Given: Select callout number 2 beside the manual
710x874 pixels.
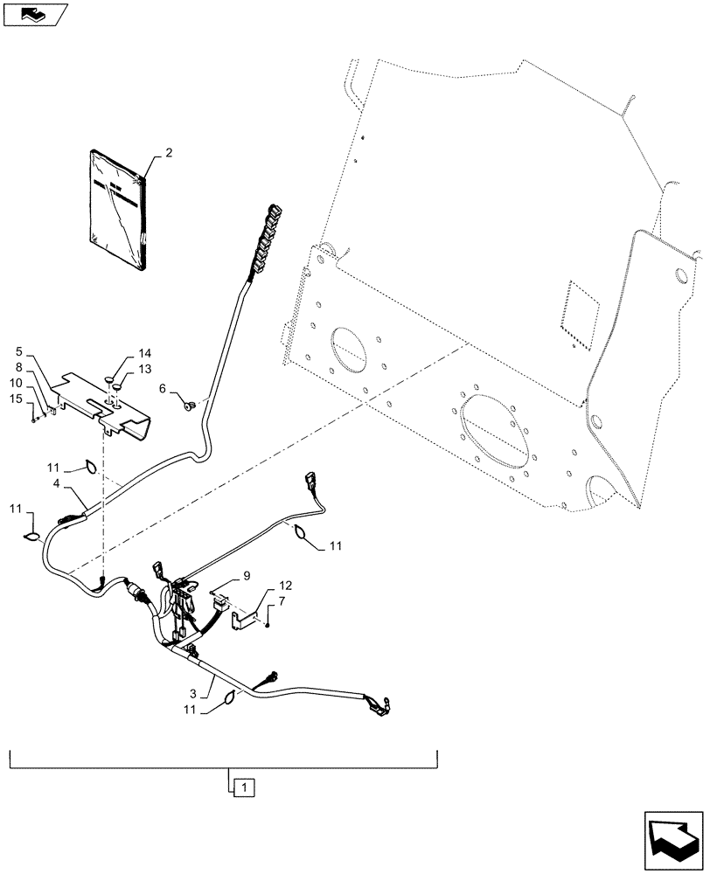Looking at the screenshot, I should pos(168,152).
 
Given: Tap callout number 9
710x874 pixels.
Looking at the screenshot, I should pos(247,575).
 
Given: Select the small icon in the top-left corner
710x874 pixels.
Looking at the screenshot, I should pos(34,13).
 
